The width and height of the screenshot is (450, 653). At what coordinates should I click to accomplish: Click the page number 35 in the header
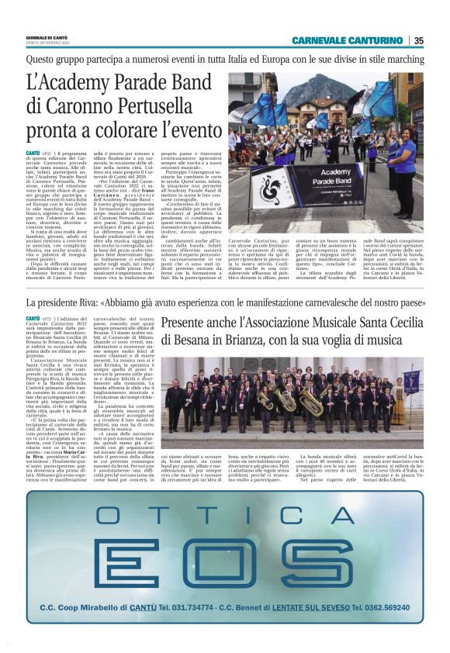[x=419, y=40]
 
